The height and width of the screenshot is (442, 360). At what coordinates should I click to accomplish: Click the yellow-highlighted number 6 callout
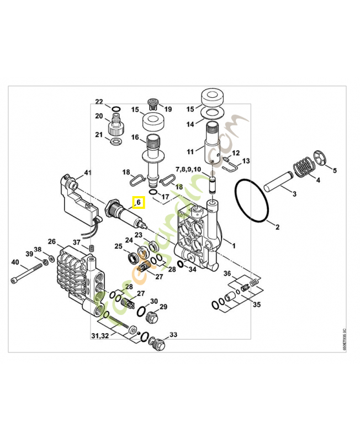coord(139,203)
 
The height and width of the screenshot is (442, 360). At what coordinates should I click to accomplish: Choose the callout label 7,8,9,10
coord(189,168)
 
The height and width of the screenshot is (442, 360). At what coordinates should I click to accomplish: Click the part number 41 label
coord(87,173)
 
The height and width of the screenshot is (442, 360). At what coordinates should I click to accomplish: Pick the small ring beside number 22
coord(117,108)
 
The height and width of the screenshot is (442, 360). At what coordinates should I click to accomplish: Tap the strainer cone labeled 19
coord(153,104)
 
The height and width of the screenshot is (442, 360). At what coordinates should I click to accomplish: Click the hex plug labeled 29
coord(152,317)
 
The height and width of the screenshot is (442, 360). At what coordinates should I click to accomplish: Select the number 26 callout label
coord(52,241)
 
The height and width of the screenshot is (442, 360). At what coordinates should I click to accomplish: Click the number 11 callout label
coord(190,150)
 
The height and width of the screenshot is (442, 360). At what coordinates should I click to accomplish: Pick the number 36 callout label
coord(227,273)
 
